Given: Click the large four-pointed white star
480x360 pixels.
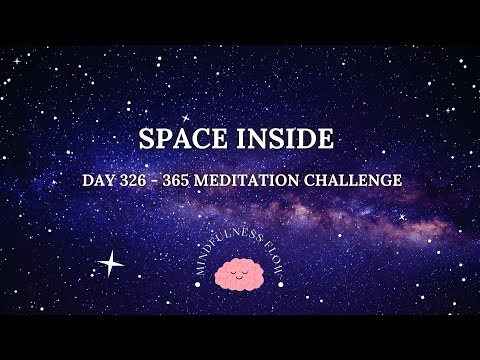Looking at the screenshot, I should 110,264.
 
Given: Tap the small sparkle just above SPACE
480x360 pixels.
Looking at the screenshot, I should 185,117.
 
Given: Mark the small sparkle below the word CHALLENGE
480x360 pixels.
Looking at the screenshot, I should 402,216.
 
